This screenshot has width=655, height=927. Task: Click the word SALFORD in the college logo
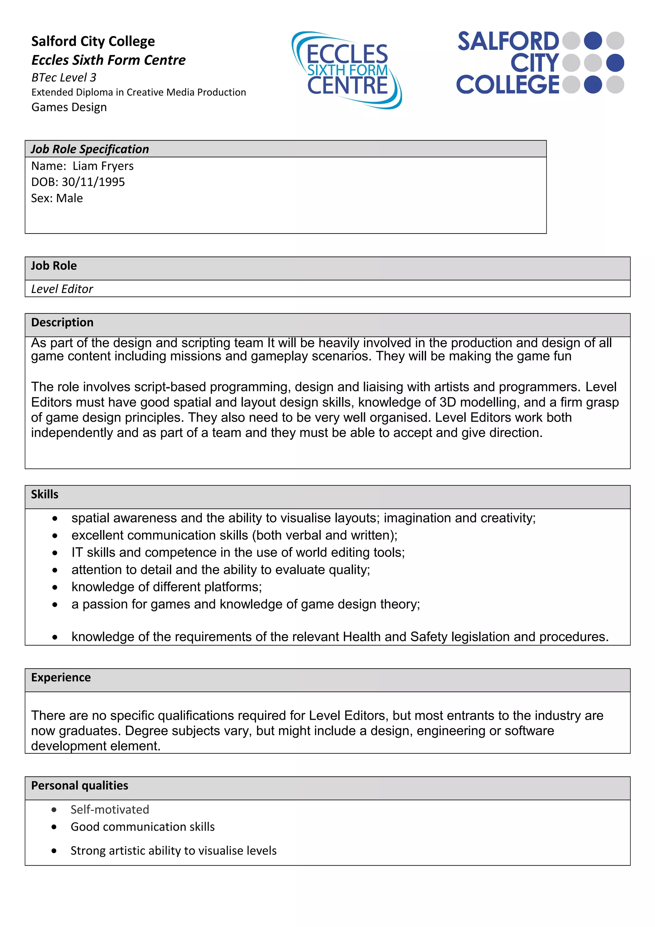(508, 42)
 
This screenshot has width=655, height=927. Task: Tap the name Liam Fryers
(103, 166)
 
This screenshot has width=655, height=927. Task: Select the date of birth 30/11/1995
(93, 182)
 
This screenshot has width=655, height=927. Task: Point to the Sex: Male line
(57, 198)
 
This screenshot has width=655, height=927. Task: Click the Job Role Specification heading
(90, 149)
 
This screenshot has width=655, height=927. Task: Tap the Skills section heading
(45, 494)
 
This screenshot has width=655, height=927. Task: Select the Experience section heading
(61, 677)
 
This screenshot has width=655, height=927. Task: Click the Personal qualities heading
(80, 785)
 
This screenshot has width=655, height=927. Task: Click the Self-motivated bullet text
(110, 809)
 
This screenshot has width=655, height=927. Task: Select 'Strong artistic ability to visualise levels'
(174, 850)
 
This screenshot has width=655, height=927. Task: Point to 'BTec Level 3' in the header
(64, 77)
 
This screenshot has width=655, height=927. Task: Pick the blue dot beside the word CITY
(615, 63)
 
